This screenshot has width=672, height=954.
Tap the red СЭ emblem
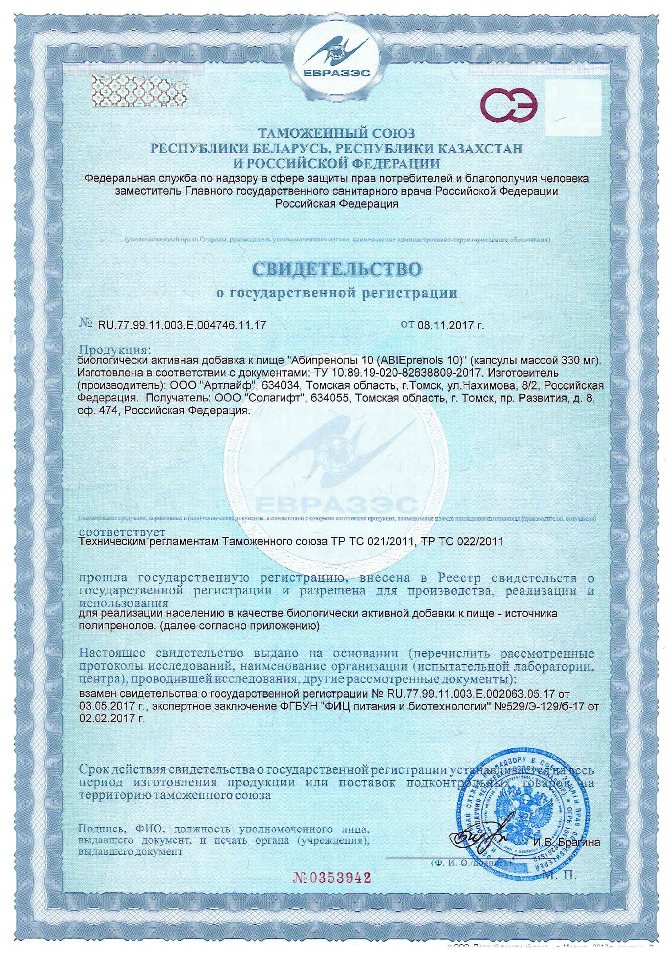[509, 107]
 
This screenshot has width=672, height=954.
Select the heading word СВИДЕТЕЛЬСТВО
[337, 269]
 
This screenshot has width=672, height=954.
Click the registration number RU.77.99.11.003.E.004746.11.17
[182, 325]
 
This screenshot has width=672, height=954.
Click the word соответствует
[122, 532]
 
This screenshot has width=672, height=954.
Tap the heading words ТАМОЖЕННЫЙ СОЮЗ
[337, 133]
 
